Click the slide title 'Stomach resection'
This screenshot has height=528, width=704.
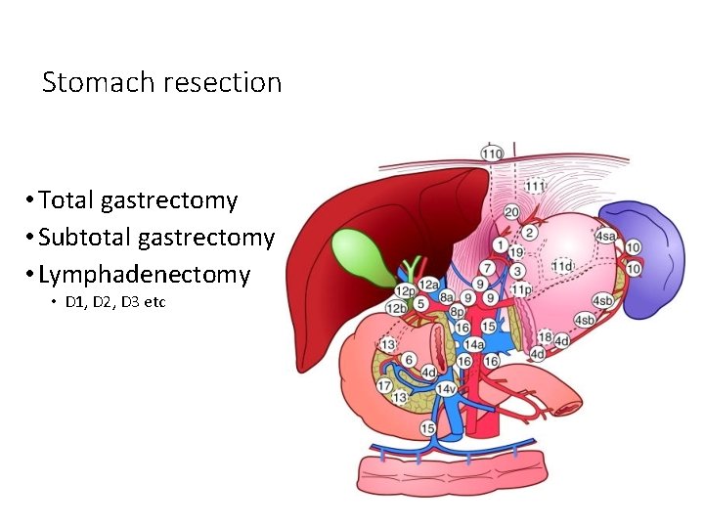(x=161, y=83)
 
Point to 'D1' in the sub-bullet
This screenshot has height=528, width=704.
(x=74, y=302)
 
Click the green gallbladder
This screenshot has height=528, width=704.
(x=363, y=252)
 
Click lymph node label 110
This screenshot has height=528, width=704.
(x=491, y=153)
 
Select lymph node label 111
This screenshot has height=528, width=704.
(x=534, y=186)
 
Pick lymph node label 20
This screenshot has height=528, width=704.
(x=511, y=212)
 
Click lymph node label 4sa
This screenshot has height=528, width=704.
(x=605, y=236)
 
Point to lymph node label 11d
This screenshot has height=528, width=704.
(x=562, y=266)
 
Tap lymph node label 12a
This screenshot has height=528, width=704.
(x=428, y=285)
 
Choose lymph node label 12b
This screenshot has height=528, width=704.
(x=397, y=308)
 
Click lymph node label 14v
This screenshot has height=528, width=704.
(x=447, y=389)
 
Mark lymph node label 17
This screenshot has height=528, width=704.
(x=385, y=385)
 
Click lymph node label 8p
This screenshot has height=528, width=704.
(x=457, y=311)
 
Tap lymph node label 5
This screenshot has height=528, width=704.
(x=420, y=304)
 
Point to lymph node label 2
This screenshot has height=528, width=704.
(x=529, y=233)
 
